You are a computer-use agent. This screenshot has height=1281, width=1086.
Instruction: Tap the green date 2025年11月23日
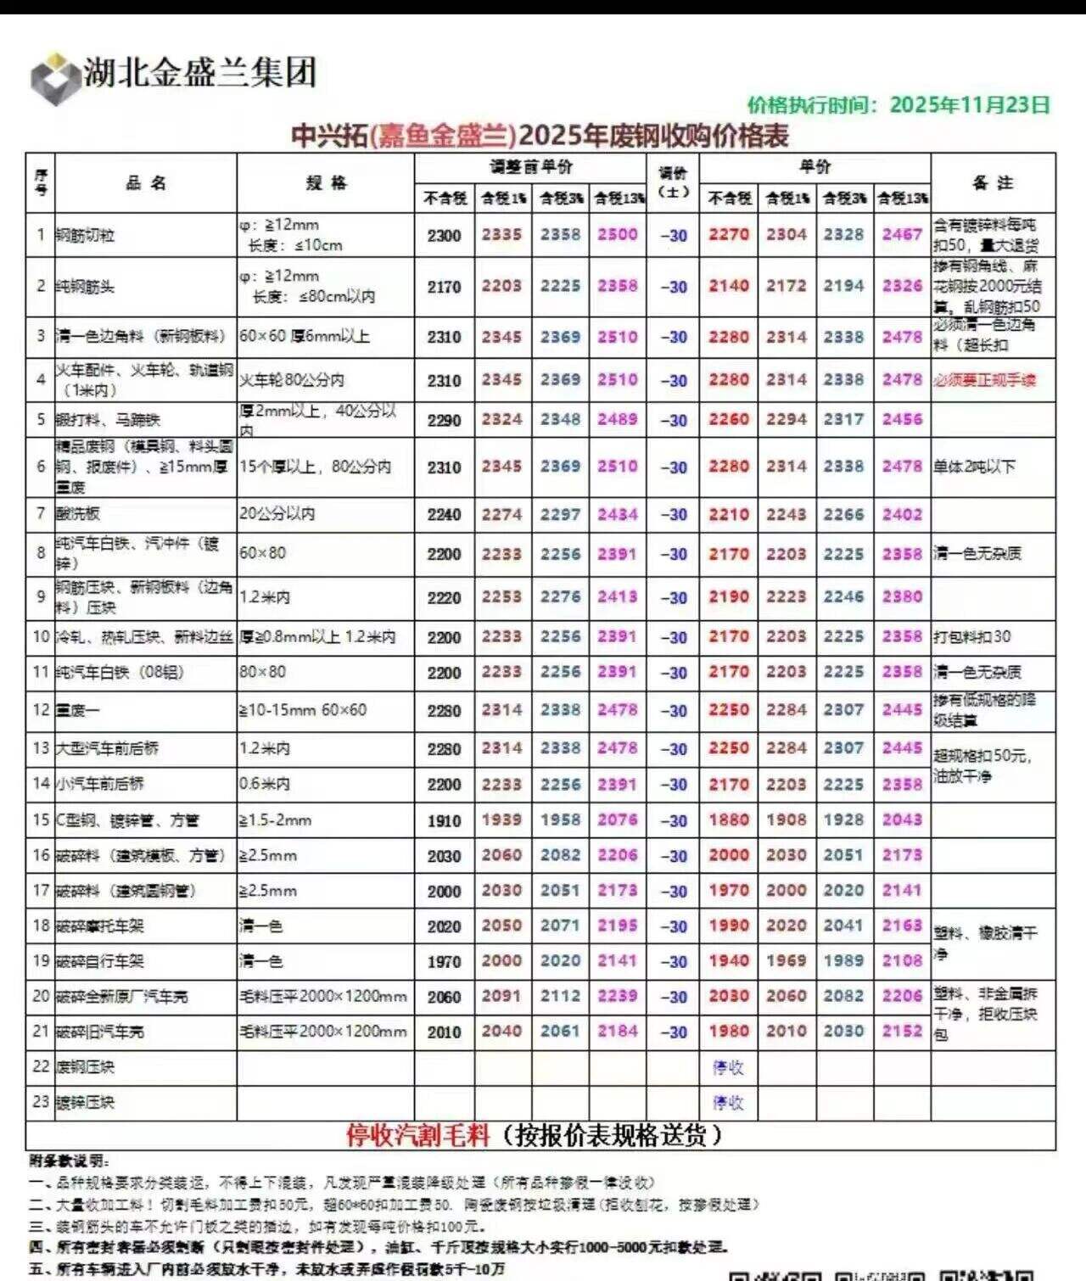click(x=970, y=104)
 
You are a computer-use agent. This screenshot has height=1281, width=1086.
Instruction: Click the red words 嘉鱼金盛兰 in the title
click(x=445, y=136)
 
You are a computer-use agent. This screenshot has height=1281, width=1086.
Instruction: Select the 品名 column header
click(x=146, y=182)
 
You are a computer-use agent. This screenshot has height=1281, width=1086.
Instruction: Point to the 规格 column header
click(x=326, y=182)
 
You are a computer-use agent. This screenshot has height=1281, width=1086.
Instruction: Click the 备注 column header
click(x=993, y=182)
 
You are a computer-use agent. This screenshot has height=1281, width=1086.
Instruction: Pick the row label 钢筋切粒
click(x=86, y=236)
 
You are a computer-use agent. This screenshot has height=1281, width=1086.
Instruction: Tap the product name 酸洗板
click(x=78, y=514)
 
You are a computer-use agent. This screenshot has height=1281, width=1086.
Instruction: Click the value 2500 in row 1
click(x=617, y=235)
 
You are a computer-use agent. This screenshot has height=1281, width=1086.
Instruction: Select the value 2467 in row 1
click(x=902, y=235)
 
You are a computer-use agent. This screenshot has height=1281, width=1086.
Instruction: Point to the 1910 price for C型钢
click(x=444, y=821)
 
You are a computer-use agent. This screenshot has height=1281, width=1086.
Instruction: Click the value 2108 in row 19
click(x=902, y=961)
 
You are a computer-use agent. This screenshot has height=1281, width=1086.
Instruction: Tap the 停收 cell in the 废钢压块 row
click(x=728, y=1067)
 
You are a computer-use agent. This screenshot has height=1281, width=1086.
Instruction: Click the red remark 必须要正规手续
click(x=984, y=380)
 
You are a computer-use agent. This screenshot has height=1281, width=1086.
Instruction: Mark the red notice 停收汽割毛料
click(x=418, y=1135)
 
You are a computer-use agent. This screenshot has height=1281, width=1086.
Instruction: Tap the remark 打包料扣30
click(x=971, y=637)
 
